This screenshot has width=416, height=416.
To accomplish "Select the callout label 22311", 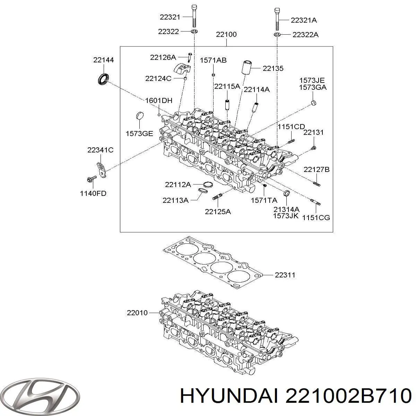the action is point(285,275).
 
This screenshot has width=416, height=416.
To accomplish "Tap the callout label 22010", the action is point(137,313).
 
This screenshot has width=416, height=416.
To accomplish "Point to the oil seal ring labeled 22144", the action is point(103,79).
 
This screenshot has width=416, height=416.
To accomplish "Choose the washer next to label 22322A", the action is point(277,34).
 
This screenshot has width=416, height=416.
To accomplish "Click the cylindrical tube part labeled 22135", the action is point(247,67).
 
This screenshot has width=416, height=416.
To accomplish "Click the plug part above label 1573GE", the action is point(140,116).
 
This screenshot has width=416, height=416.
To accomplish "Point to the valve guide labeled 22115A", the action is point(227,105).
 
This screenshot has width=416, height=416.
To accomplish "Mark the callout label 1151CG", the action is point(316,218).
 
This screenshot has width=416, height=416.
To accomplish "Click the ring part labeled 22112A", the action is point(208,184).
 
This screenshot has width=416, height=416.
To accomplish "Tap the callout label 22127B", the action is point(317,170).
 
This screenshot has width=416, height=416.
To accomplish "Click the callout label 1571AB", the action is point(213,60).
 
